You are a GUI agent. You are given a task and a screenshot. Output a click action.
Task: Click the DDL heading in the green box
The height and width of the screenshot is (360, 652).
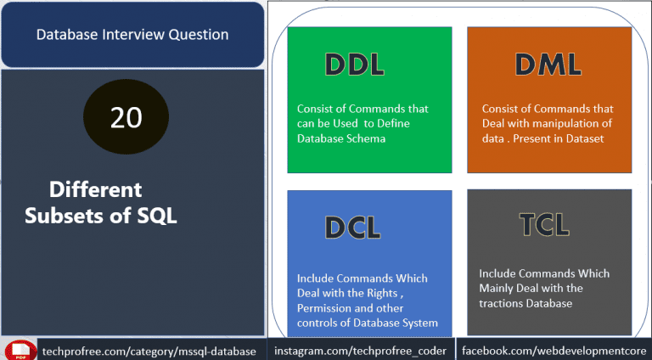click(x=355, y=65)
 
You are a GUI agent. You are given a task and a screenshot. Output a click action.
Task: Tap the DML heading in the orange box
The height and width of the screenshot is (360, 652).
click(x=548, y=65)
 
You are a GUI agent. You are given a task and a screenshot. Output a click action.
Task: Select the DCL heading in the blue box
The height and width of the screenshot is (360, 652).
click(x=353, y=228)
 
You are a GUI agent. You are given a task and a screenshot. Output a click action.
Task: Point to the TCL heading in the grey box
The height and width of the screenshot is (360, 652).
click(x=545, y=224)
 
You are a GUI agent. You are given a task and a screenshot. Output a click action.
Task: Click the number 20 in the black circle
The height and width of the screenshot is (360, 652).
click(x=126, y=118)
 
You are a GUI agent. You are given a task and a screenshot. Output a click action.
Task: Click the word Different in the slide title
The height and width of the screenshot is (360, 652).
click(x=96, y=189)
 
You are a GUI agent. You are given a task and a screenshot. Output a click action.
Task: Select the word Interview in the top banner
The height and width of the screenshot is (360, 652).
click(x=133, y=35)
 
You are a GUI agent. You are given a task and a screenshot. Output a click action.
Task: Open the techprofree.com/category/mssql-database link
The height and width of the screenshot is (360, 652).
click(x=149, y=352)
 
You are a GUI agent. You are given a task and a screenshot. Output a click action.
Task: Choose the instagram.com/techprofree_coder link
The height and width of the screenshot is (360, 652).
click(x=360, y=352)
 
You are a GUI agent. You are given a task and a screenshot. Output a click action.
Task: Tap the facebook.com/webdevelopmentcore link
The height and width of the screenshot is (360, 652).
click(x=554, y=351)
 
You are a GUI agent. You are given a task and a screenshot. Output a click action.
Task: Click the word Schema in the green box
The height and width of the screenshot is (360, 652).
click(x=367, y=138)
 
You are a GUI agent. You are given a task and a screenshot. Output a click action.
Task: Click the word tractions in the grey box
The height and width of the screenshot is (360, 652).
click(x=500, y=303)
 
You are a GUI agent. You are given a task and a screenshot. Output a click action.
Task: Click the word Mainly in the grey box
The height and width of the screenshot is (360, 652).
click(x=497, y=289)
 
